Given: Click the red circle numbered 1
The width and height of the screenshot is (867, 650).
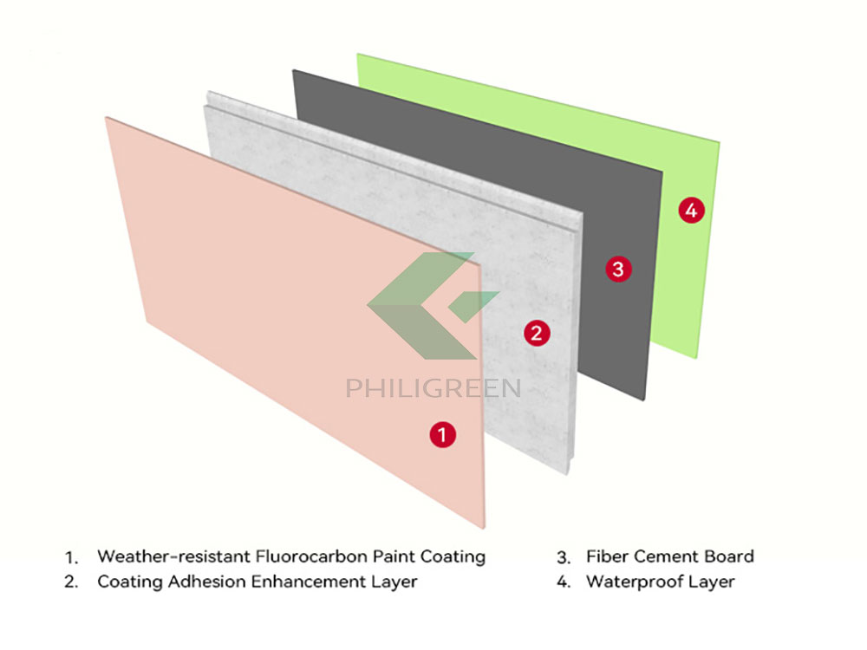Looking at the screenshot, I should (442, 434).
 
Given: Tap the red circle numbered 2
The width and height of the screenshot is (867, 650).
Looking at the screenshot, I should (537, 333).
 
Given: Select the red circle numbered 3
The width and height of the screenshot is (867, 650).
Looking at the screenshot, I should (617, 269).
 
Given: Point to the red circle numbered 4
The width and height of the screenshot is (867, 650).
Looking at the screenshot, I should (690, 209).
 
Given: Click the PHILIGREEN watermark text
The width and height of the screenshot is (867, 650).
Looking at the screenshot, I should (433, 387).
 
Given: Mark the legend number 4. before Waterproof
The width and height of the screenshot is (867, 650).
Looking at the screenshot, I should (564, 582).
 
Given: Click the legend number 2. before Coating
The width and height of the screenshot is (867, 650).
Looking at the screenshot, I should (71, 582).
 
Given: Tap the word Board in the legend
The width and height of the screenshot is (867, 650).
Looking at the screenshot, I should (728, 556).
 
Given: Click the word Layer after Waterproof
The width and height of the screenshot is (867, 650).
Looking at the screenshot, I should (712, 582).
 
